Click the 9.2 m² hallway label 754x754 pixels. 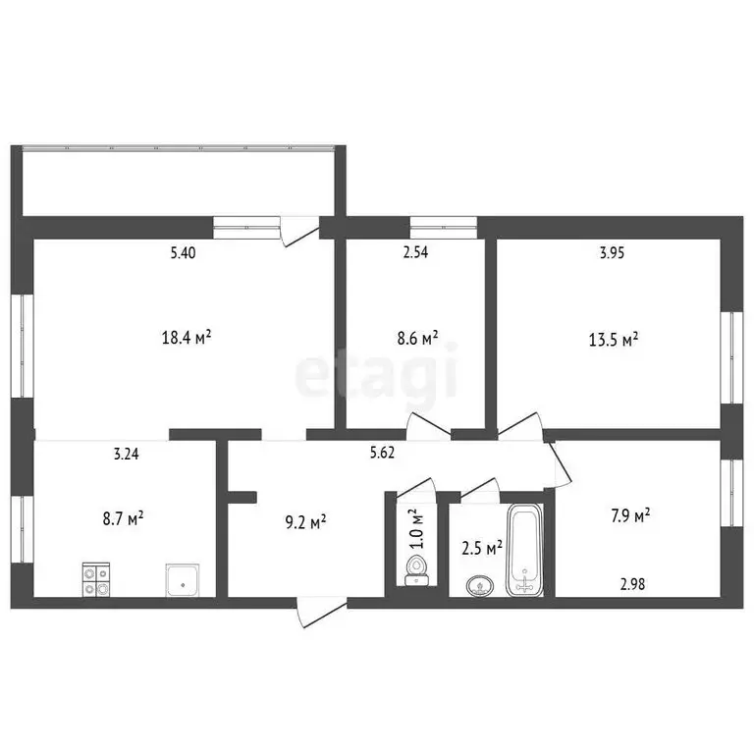(305, 523)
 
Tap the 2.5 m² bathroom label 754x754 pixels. (482, 545)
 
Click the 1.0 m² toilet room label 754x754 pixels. (415, 528)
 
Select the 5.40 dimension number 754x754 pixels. (183, 253)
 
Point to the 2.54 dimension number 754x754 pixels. (416, 253)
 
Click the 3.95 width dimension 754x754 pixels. (613, 253)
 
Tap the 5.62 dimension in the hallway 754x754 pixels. (383, 454)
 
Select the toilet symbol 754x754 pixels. (416, 569)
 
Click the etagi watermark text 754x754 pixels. (377, 375)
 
